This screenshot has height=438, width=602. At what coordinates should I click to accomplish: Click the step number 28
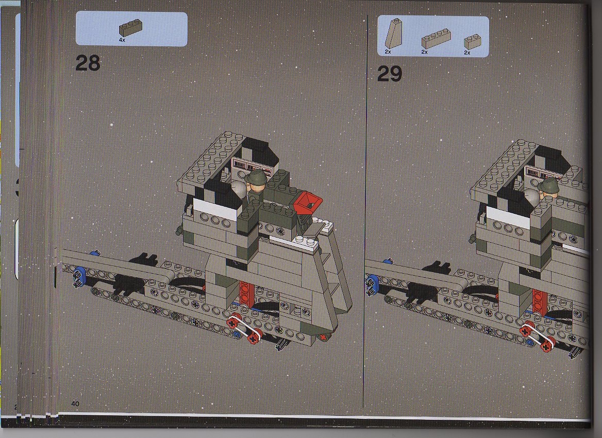[x=88, y=63]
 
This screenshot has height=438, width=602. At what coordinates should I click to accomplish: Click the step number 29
[x=389, y=74]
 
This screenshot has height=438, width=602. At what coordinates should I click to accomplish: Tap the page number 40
[x=75, y=403]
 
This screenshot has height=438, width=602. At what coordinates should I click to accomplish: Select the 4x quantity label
[x=122, y=40]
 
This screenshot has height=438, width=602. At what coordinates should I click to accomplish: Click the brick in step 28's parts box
[x=130, y=28]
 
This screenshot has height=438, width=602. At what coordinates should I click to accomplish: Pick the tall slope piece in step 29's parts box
[x=393, y=34]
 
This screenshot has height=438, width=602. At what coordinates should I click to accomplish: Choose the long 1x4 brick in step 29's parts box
[x=436, y=38]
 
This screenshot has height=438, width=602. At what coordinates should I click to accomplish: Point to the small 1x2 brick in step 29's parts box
[x=473, y=42]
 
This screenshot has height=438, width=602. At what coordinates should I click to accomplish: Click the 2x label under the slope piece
[x=388, y=52]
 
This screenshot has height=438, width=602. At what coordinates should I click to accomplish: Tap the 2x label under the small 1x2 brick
[x=467, y=53]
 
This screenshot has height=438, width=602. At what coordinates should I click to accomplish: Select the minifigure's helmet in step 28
[x=258, y=177]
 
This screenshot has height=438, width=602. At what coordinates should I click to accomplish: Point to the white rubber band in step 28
[x=245, y=328]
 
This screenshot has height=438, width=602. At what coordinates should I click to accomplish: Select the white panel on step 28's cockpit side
[x=215, y=210]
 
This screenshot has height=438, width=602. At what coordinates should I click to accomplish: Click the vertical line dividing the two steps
[x=366, y=211]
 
